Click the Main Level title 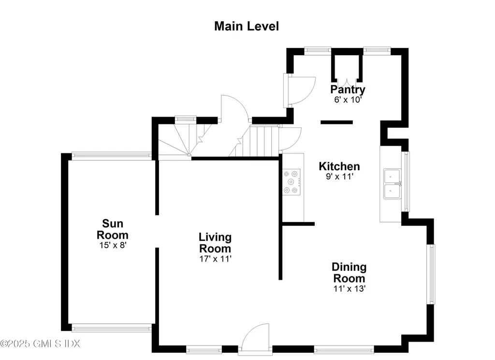point(246,26)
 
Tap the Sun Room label point(112,229)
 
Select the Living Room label point(215,243)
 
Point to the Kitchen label point(339,166)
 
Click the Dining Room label point(349,273)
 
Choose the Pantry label point(348,90)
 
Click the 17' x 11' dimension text point(215,259)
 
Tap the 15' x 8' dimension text point(113,245)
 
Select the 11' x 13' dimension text point(349,288)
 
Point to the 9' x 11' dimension point(339,176)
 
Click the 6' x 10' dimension point(348,100)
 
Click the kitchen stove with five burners point(291,182)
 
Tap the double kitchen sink point(393,184)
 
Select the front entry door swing point(256,337)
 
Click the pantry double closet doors point(347,81)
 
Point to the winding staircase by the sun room point(185,139)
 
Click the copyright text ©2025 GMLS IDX point(40,344)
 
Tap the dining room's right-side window point(431,274)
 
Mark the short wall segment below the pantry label point(336,122)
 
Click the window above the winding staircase point(185,119)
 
